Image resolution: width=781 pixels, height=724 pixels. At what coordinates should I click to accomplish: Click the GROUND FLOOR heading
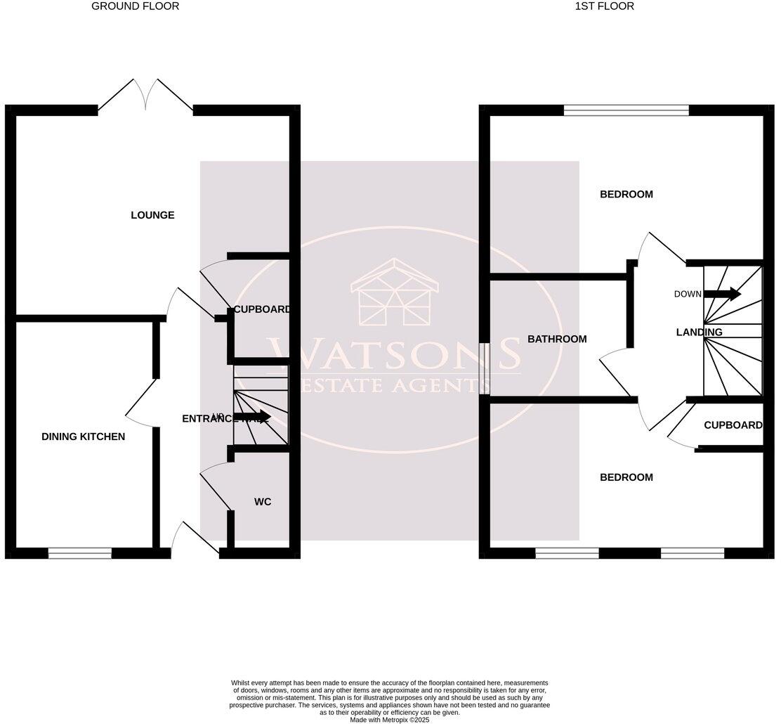[136, 6]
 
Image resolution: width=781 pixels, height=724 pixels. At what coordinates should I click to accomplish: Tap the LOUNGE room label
[152, 215]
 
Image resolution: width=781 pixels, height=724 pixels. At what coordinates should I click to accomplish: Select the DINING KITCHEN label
[84, 437]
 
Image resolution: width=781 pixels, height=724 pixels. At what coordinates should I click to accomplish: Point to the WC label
[263, 502]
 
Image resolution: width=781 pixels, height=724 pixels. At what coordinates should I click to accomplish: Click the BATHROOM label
[557, 340]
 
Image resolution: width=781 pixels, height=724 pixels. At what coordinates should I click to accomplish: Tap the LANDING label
[699, 332]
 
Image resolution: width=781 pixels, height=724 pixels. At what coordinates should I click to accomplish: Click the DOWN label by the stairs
[688, 294]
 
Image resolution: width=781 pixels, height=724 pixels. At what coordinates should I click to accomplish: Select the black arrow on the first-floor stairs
[723, 294]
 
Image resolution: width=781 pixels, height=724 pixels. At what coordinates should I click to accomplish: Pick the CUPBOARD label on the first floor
[733, 425]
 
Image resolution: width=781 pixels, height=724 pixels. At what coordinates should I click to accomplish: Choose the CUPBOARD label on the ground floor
[262, 309]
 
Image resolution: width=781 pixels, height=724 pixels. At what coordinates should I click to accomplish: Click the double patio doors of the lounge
[146, 96]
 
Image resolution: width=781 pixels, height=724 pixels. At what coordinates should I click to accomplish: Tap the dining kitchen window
[80, 554]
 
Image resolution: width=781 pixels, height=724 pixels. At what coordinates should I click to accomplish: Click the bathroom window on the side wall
[485, 369]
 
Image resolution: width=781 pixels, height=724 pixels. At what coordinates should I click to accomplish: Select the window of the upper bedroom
[626, 110]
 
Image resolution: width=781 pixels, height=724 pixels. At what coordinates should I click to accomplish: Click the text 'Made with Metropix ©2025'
[390, 720]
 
